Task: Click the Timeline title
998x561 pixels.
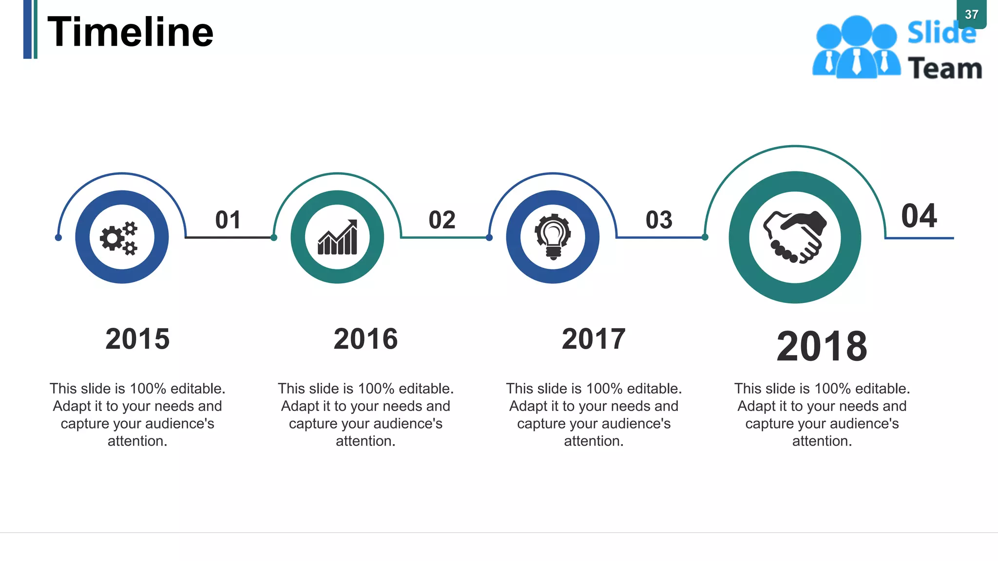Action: pyautogui.click(x=130, y=32)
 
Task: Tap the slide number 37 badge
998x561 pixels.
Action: pyautogui.click(x=971, y=15)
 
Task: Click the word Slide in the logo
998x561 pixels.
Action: pyautogui.click(x=941, y=34)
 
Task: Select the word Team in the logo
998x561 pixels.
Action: pyautogui.click(x=945, y=68)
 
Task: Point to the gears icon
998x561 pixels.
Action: pyautogui.click(x=119, y=238)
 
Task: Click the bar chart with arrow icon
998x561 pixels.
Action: pyautogui.click(x=337, y=237)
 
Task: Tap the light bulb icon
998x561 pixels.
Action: pyautogui.click(x=553, y=237)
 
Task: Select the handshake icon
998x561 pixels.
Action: pyautogui.click(x=795, y=237)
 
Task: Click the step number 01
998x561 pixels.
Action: pyautogui.click(x=228, y=220)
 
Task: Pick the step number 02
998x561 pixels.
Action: pyautogui.click(x=442, y=220)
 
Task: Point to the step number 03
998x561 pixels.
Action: pyautogui.click(x=659, y=220)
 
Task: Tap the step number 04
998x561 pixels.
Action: pyautogui.click(x=919, y=216)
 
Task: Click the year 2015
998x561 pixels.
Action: pyautogui.click(x=137, y=339)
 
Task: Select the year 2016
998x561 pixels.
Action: pyautogui.click(x=365, y=339)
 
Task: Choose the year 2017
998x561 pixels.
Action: pyautogui.click(x=594, y=339)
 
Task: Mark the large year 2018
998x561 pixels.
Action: pyautogui.click(x=822, y=346)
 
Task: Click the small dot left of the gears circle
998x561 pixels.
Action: pyautogui.click(x=58, y=238)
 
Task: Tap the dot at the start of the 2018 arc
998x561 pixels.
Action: pyautogui.click(x=705, y=237)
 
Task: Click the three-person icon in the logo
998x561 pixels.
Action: pyautogui.click(x=856, y=48)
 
